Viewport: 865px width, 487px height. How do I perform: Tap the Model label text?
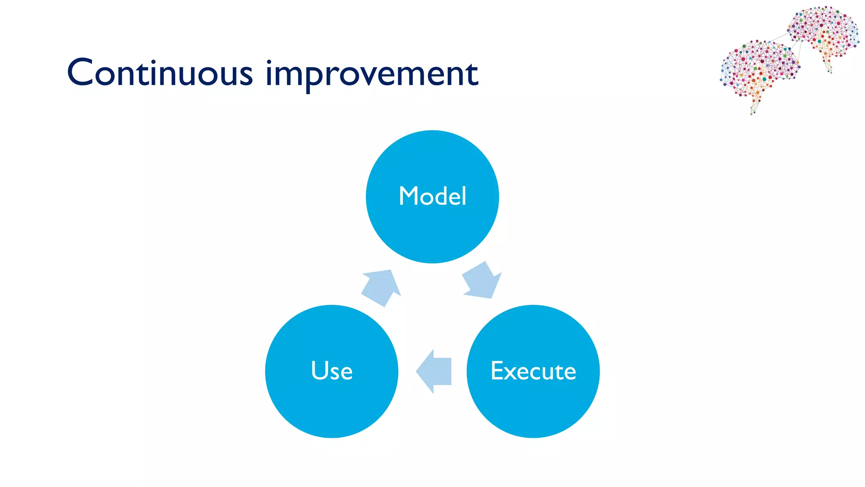432,196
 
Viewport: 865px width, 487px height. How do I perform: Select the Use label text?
332,371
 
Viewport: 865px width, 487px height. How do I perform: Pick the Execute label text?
533,371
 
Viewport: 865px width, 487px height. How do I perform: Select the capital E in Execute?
498,371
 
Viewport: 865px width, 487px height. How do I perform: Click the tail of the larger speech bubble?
754,106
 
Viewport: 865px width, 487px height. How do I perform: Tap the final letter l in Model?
464,195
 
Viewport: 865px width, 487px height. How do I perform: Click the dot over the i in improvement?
269,62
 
